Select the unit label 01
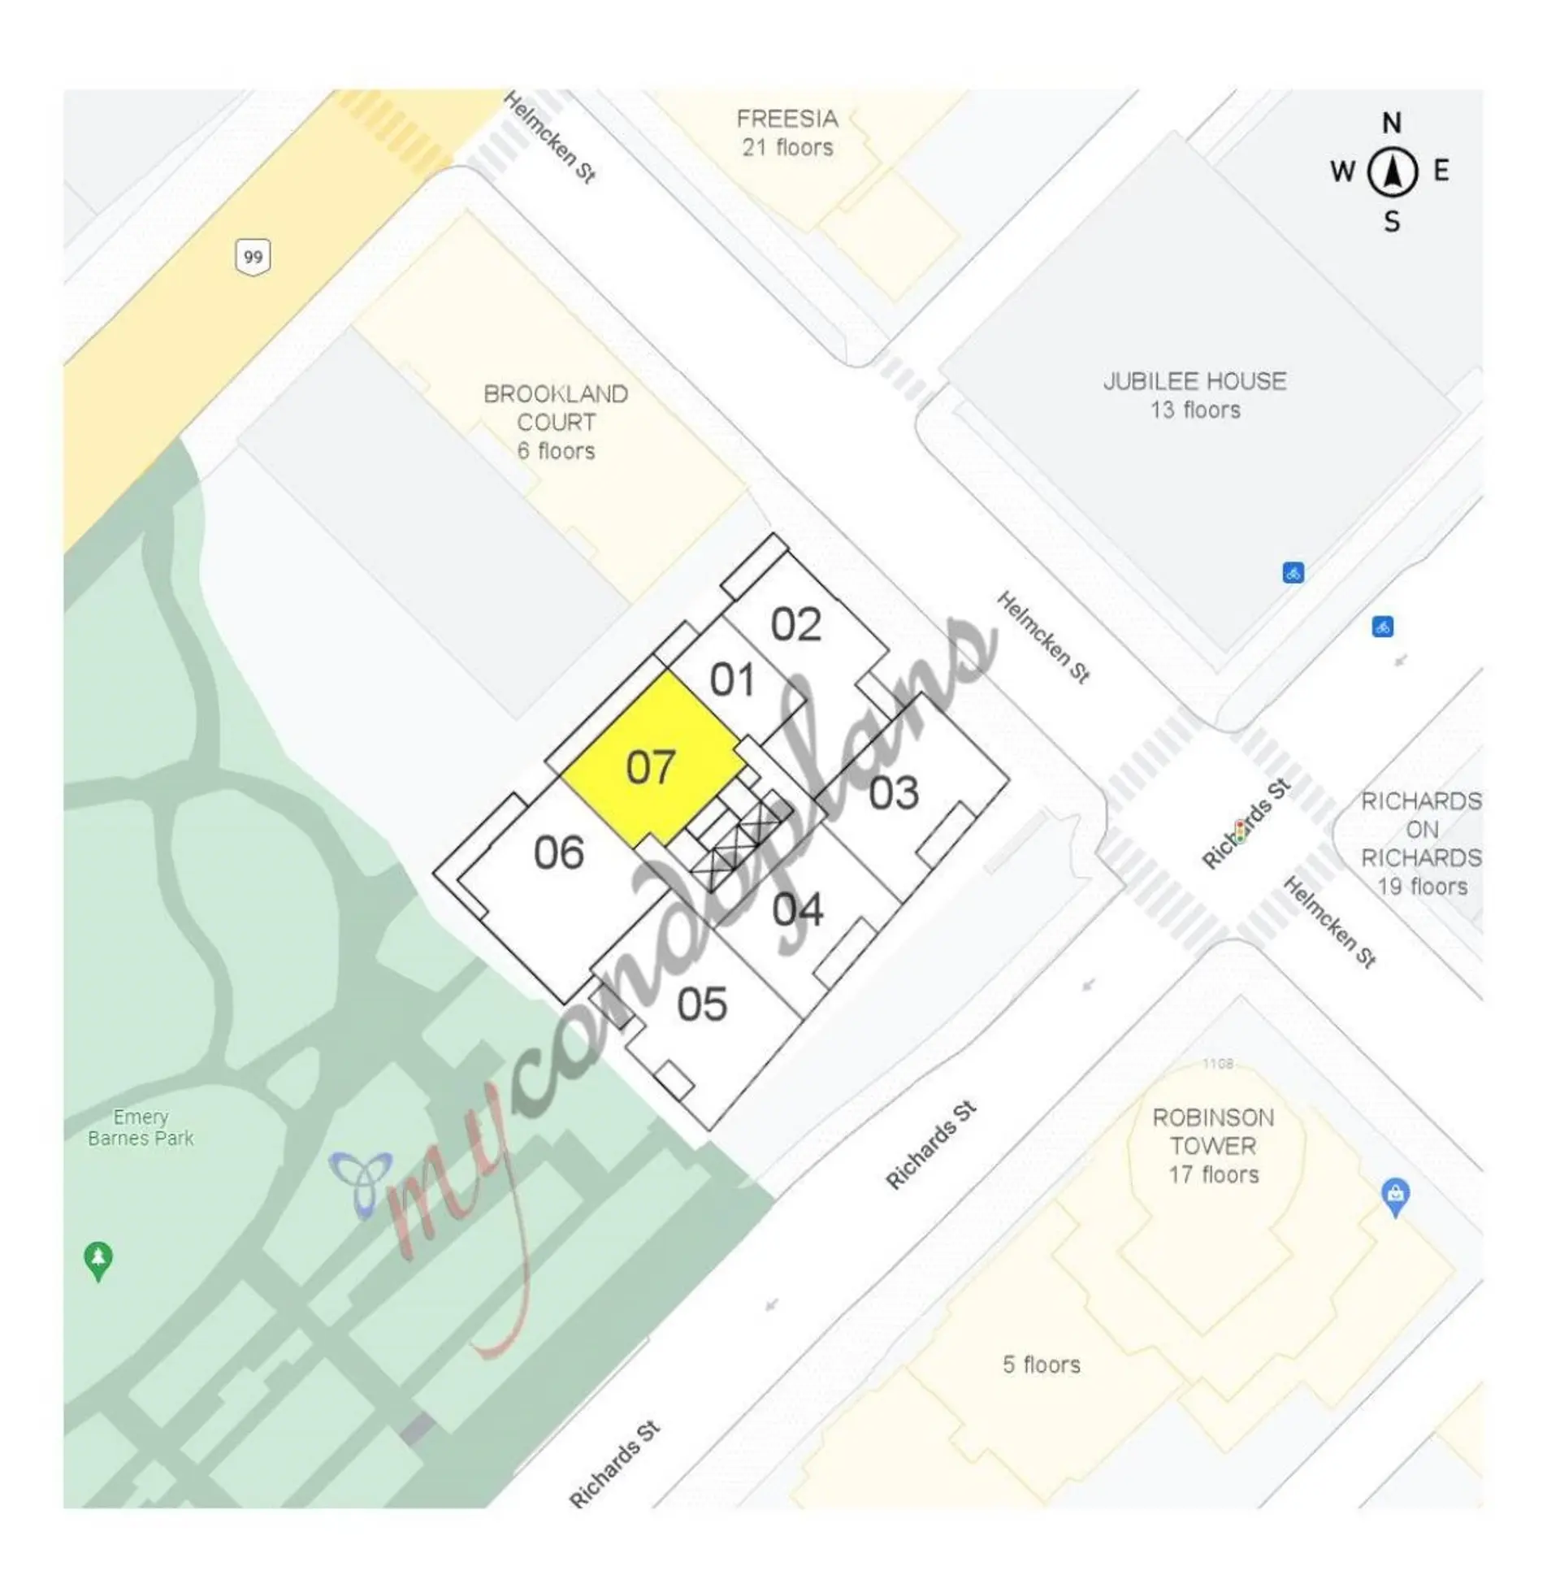[731, 680]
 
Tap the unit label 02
[795, 625]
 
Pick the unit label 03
[893, 793]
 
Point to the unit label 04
[797, 909]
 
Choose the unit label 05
[701, 1004]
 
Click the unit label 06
[558, 853]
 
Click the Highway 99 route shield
[253, 258]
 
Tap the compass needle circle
[1391, 172]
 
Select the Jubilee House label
[1194, 396]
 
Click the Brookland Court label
[556, 423]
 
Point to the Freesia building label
[786, 133]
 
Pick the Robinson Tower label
[1213, 1145]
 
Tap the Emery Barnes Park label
[141, 1127]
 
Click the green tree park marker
[98, 1260]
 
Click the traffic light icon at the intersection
[1240, 831]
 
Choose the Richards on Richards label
[1420, 844]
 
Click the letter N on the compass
[1391, 124]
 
